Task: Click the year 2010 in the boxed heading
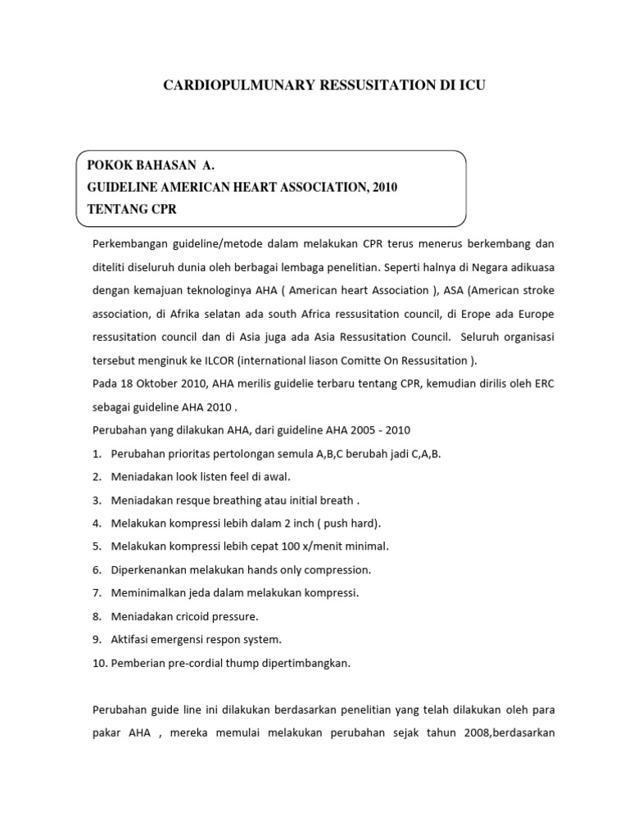pyautogui.click(x=383, y=188)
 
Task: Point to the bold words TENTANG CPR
pyautogui.click(x=132, y=209)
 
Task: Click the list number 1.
pyautogui.click(x=96, y=453)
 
